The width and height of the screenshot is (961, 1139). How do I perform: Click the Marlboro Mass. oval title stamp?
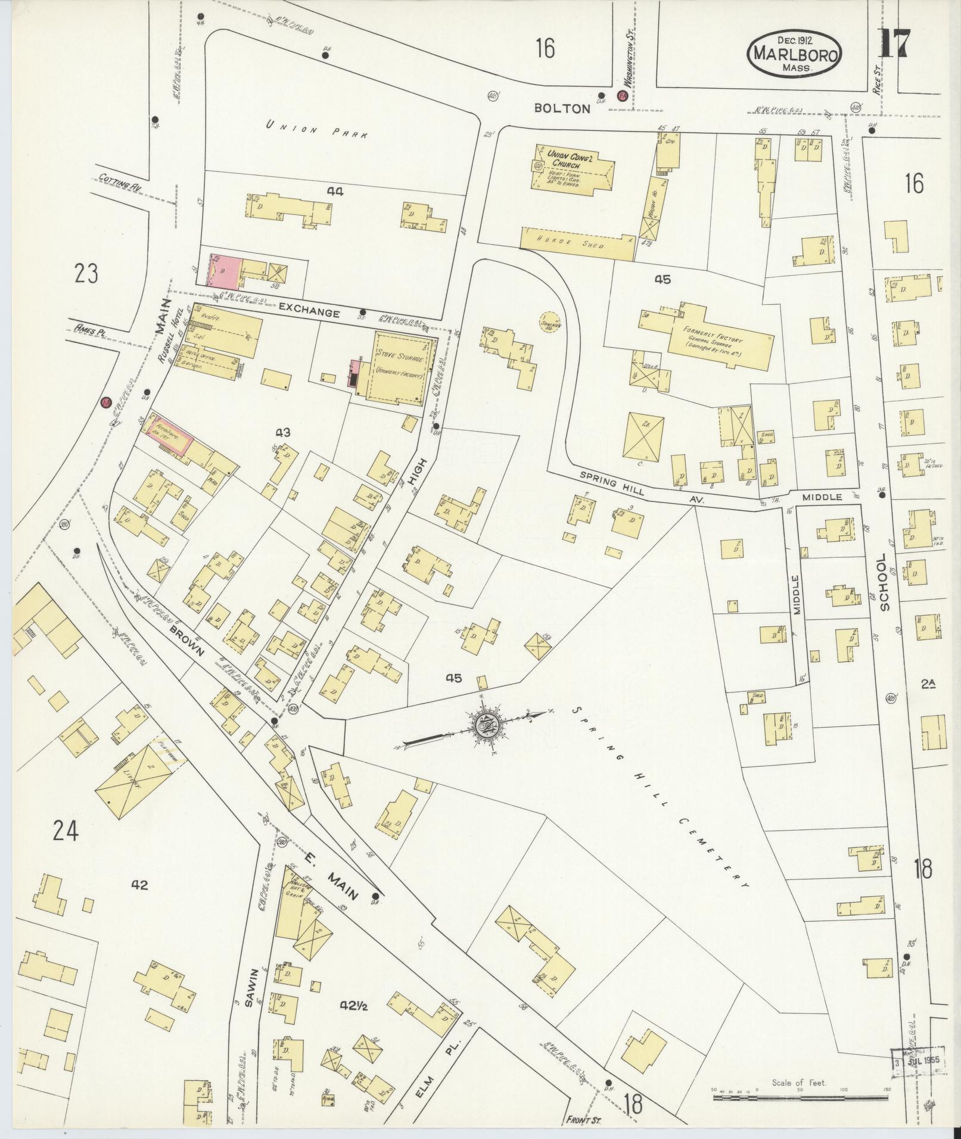tap(794, 54)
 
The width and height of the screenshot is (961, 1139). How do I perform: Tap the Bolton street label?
tap(562, 108)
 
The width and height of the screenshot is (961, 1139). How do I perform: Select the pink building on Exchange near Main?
tap(224, 270)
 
